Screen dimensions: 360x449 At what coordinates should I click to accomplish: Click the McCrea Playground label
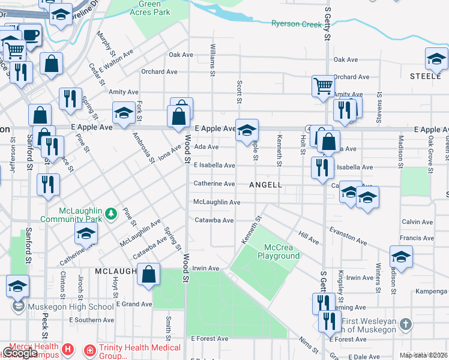coord(278,251)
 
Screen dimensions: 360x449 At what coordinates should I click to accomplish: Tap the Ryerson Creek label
coord(297,24)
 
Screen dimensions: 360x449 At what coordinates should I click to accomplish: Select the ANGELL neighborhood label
coord(265,185)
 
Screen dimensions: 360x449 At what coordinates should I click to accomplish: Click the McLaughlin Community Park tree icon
coord(110,214)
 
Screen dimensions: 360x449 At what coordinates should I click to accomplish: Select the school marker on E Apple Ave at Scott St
coord(246,130)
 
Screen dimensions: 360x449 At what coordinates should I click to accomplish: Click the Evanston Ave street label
coord(348,236)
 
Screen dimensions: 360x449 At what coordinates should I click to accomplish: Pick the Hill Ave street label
coord(309,236)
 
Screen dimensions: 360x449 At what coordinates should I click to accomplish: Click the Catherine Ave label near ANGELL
coord(214,184)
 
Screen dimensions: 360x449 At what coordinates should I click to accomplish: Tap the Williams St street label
coord(212,59)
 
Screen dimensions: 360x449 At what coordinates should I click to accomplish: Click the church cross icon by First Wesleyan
coord(406,325)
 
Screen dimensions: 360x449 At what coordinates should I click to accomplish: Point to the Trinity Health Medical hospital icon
coord(89,349)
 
